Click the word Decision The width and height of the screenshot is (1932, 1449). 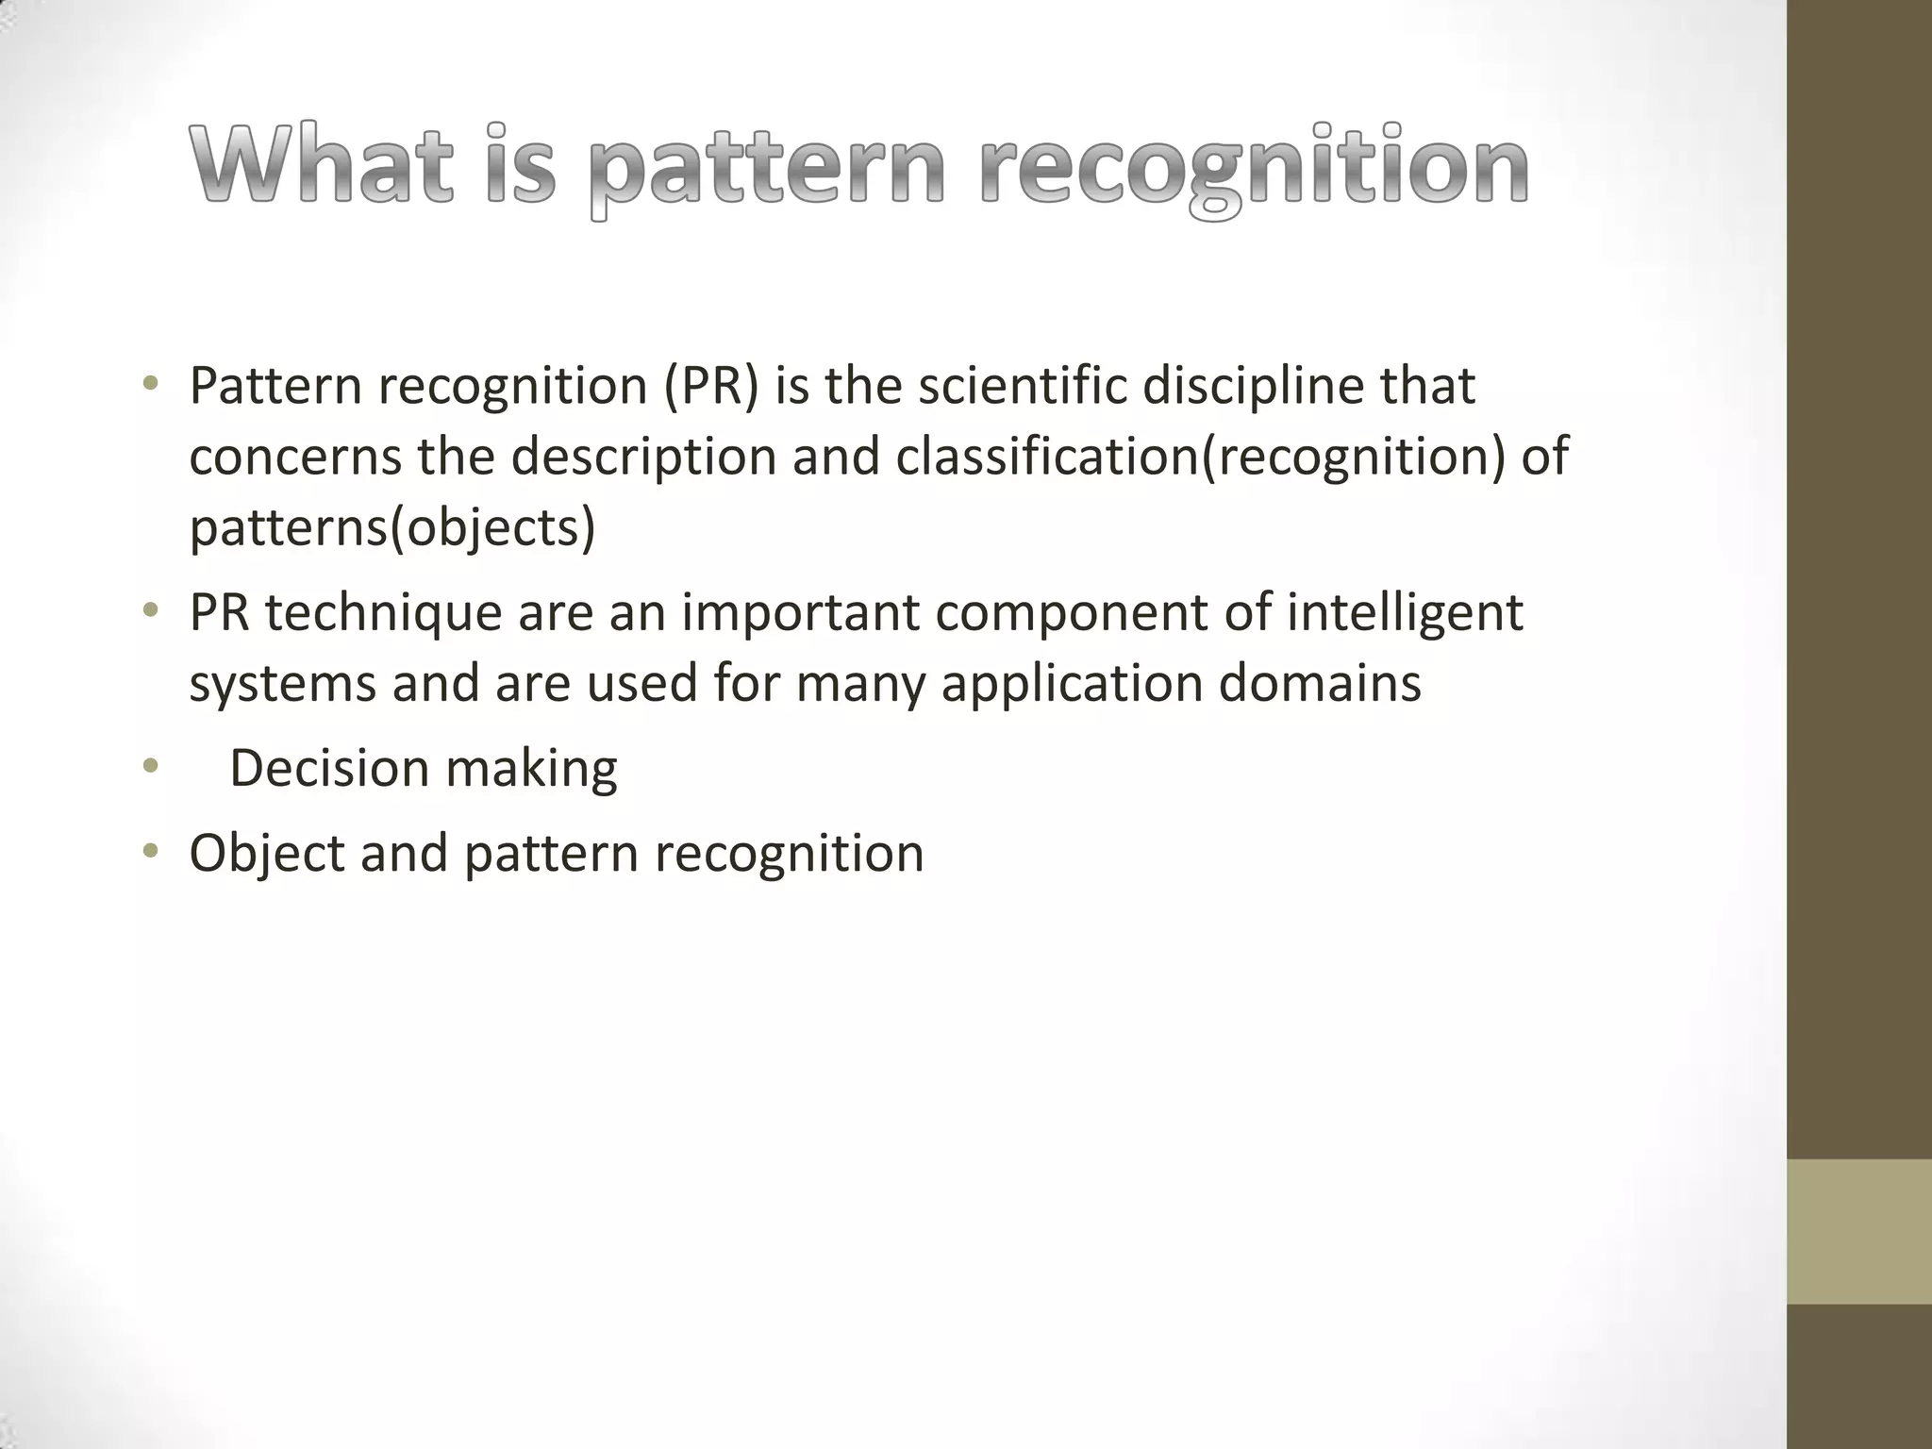click(329, 768)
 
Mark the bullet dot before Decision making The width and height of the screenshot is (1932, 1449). click(150, 766)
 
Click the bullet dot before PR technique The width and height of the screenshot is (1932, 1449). click(150, 611)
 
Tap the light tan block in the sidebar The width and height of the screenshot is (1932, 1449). click(1858, 1231)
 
